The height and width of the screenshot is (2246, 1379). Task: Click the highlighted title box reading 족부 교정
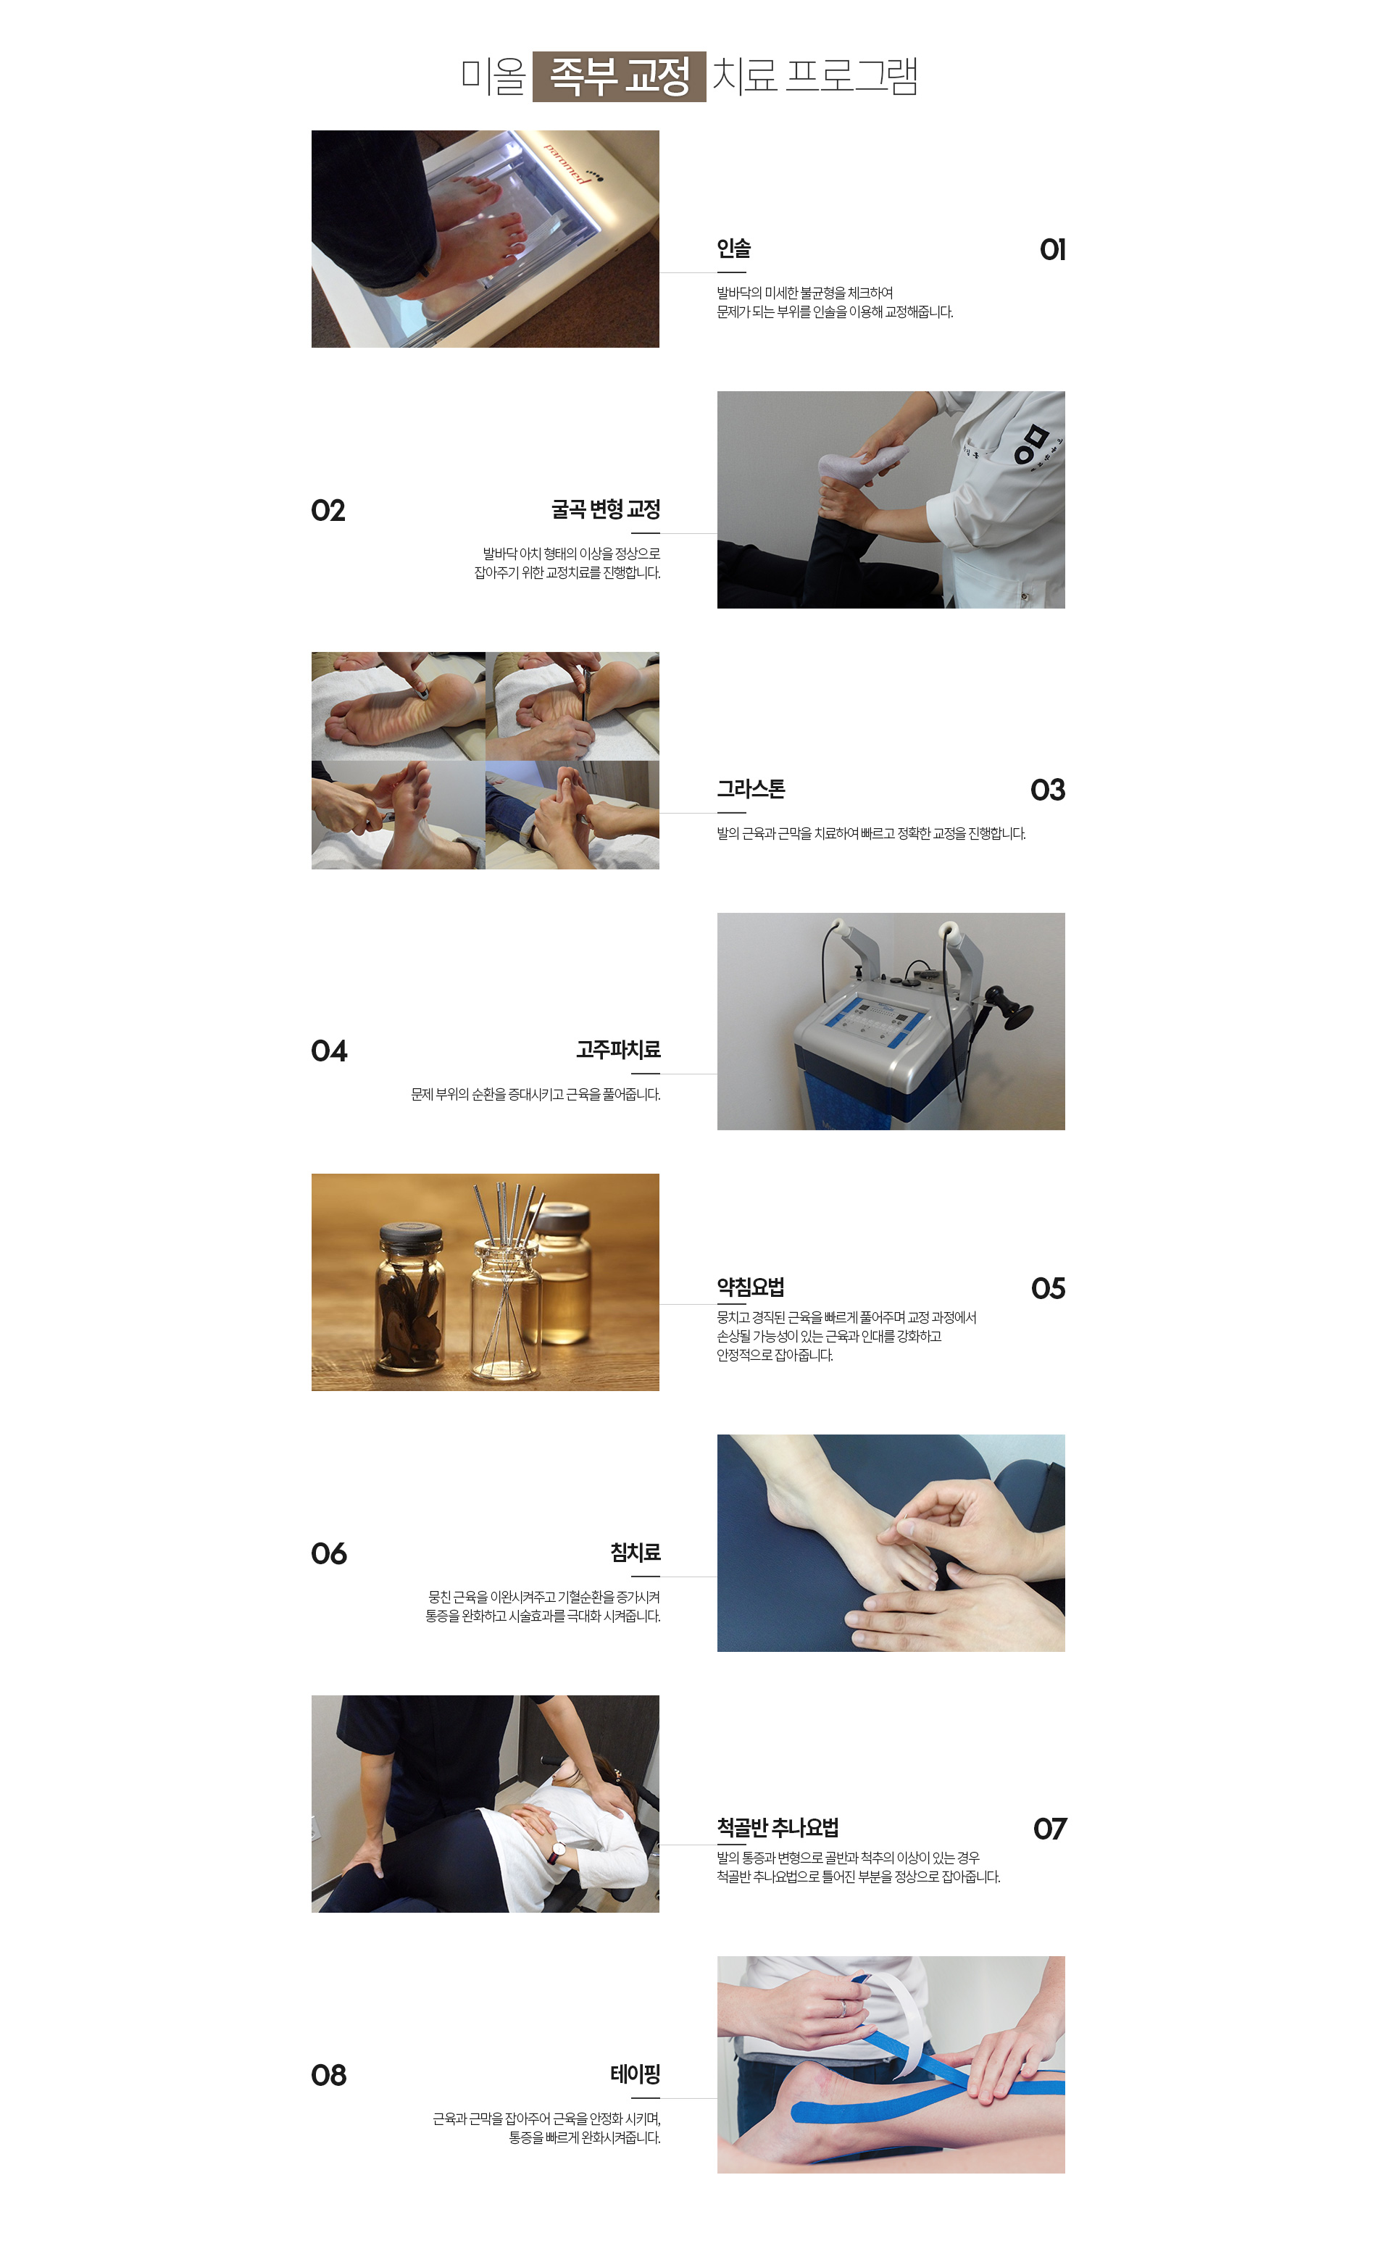point(620,77)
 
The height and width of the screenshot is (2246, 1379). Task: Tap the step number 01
point(1052,250)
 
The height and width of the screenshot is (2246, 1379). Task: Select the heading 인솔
point(733,248)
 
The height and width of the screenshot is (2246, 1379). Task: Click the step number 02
point(328,511)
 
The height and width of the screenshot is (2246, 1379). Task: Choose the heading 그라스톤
point(751,789)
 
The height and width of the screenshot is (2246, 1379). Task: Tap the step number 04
point(329,1051)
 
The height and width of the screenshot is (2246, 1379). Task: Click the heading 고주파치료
point(618,1050)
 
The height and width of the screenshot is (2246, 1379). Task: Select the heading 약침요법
point(751,1287)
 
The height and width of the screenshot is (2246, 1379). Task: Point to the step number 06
point(329,1554)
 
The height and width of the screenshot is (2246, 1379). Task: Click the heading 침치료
point(636,1552)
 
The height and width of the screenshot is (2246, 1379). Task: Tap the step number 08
point(329,2076)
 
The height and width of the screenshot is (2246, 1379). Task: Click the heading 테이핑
point(636,2074)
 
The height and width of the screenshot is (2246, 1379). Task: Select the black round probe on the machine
point(1013,1008)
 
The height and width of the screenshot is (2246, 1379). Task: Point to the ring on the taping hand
point(843,2007)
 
